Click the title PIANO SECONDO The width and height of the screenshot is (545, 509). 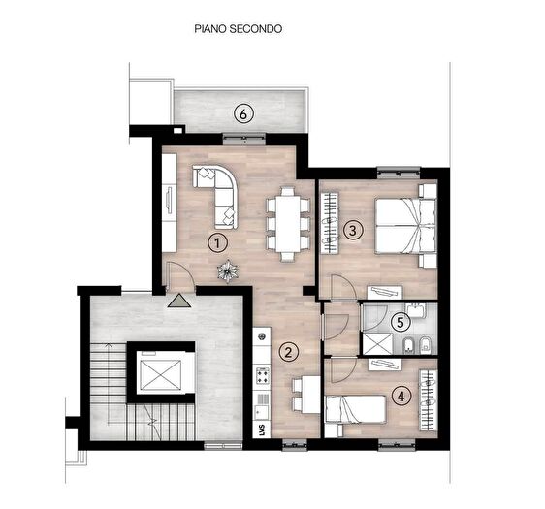click(x=239, y=30)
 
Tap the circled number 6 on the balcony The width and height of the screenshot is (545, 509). click(x=245, y=114)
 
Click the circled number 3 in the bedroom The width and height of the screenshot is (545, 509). click(x=354, y=230)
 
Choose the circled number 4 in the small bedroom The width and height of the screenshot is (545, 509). click(x=401, y=395)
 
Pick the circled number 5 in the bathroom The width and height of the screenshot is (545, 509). click(x=399, y=324)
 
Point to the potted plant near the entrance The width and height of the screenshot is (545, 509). click(x=228, y=270)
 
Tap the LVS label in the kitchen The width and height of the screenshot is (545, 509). click(x=261, y=428)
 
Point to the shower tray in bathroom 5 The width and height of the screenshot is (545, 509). click(x=375, y=342)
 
